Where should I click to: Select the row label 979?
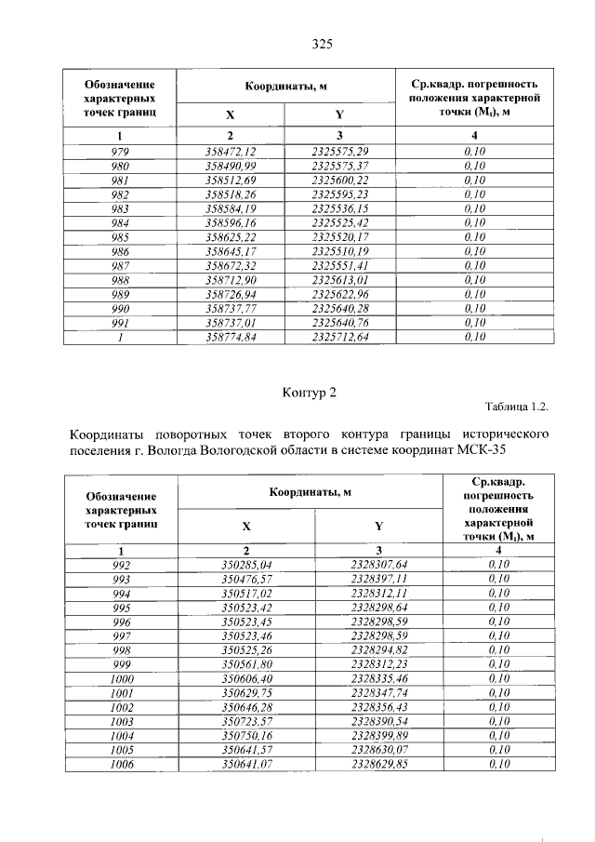(x=120, y=151)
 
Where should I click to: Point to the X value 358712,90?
(x=230, y=279)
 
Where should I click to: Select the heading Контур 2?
(x=308, y=393)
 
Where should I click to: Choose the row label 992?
(x=121, y=564)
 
